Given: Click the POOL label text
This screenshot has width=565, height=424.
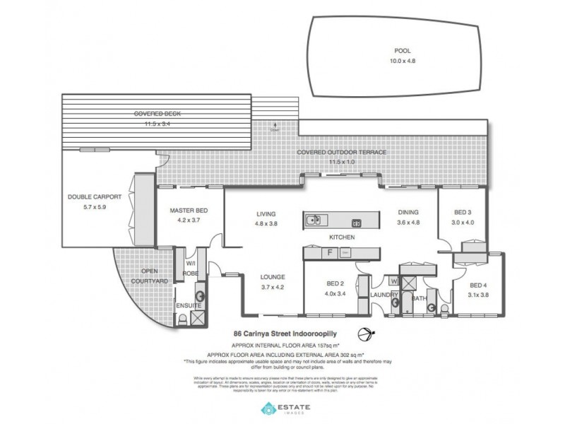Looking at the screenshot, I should (403, 51).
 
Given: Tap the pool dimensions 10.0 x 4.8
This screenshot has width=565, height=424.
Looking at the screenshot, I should (403, 61).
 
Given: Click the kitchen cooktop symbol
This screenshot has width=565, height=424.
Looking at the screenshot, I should (357, 224).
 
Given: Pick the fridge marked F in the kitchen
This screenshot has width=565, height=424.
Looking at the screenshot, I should (329, 252).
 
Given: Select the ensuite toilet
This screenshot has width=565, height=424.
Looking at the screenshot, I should (183, 319).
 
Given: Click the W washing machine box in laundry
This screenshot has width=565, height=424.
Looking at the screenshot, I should (393, 281).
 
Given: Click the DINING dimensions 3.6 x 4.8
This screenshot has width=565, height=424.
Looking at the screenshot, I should (408, 222).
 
